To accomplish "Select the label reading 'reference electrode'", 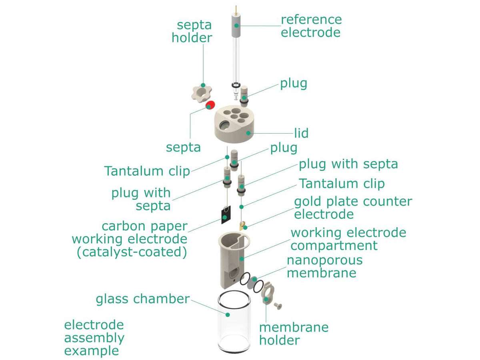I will tap(311, 26).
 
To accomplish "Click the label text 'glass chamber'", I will tap(142, 299).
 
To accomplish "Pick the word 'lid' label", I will tap(301, 133).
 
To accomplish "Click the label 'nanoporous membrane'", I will tap(324, 266).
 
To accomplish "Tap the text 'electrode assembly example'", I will tap(94, 338).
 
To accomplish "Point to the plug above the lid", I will tap(244, 94).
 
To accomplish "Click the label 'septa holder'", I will tap(192, 32).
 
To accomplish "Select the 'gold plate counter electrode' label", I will tap(353, 208).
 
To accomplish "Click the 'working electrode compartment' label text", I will tap(348, 239).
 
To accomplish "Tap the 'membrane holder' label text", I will tap(294, 334).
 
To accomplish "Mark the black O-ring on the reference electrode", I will tap(236, 85).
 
